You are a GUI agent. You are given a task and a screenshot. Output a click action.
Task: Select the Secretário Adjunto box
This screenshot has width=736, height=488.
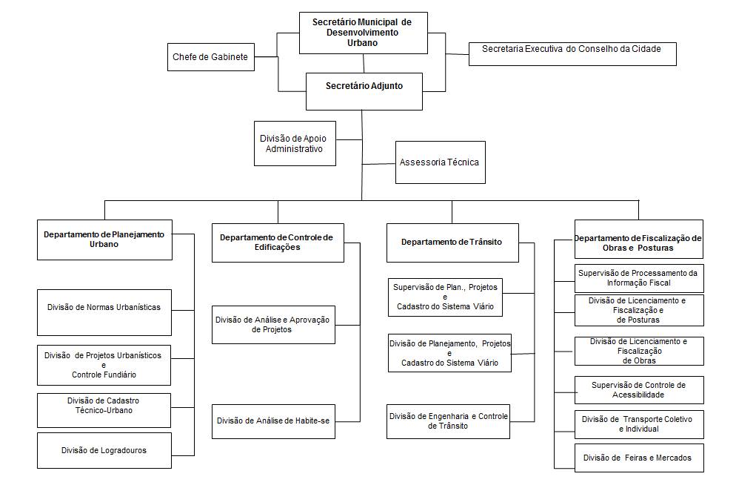tap(364, 86)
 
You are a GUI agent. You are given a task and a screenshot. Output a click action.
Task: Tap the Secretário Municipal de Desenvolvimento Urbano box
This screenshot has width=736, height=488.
tap(362, 33)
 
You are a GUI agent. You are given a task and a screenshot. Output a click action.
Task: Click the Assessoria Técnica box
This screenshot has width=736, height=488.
tap(440, 162)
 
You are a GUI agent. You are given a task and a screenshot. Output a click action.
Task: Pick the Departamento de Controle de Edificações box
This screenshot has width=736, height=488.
tap(277, 242)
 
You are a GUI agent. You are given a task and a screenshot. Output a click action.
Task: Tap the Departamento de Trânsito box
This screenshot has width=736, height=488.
tap(452, 242)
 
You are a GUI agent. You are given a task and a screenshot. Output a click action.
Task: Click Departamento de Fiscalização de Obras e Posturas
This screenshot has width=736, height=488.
tap(638, 239)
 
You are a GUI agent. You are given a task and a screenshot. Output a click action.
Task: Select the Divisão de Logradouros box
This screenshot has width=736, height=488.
tap(104, 450)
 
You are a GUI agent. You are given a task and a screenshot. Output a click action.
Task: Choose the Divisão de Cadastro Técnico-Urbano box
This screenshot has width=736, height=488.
tap(104, 406)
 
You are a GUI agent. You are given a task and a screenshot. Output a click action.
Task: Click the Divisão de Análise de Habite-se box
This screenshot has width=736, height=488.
tap(272, 421)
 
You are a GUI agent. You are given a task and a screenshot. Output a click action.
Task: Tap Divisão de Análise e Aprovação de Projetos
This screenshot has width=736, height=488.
tap(272, 324)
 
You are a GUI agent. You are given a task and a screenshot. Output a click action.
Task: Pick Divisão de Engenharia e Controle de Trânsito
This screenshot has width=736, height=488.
tap(448, 421)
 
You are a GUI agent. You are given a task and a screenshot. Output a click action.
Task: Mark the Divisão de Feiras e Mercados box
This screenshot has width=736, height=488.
tap(638, 458)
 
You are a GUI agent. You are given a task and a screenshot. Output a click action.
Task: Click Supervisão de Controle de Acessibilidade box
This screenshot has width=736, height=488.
tap(638, 390)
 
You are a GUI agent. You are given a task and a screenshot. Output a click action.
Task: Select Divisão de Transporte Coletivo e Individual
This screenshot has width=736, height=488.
tap(638, 424)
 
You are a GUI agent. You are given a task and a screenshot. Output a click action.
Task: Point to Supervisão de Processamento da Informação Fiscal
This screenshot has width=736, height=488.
tap(638, 278)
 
